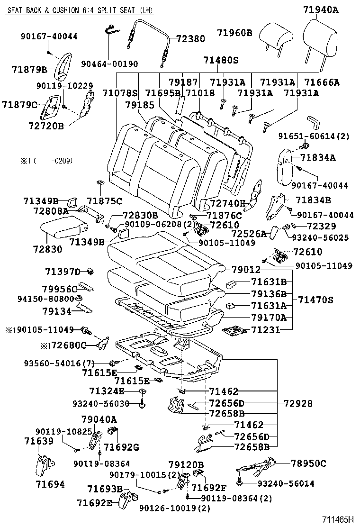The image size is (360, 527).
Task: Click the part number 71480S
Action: click(220, 61)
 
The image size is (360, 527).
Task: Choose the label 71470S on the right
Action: click(315, 300)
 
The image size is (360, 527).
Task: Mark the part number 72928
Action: click(298, 403)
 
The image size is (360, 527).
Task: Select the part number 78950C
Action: click(308, 463)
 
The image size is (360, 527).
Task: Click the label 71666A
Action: click(322, 82)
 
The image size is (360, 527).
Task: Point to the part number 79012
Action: click(246, 270)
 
